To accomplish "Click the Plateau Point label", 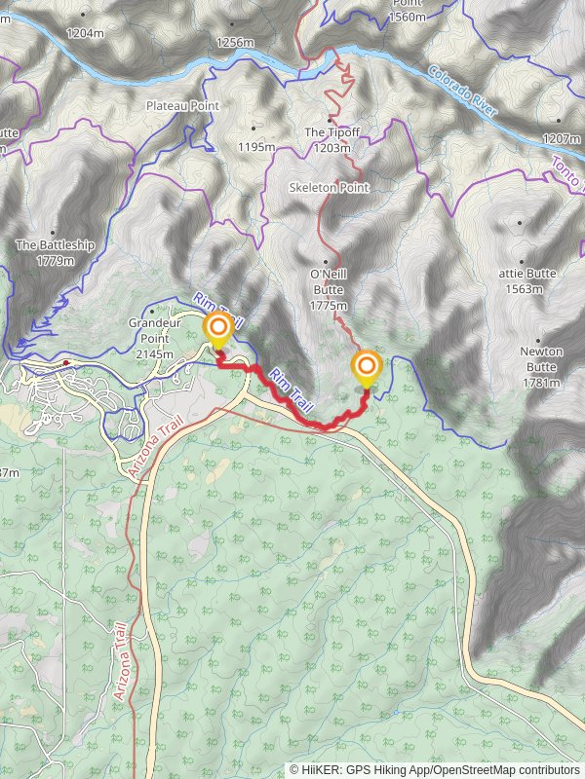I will [x=182, y=105].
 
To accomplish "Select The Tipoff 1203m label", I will [x=328, y=140].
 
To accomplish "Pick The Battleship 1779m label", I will [x=55, y=253].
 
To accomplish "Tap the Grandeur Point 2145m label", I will [x=155, y=338].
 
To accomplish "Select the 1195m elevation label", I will [x=256, y=147].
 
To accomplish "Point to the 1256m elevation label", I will [x=234, y=42].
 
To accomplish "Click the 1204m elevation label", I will [x=85, y=32].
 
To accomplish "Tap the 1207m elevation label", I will [x=561, y=138].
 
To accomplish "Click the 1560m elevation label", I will [x=407, y=17].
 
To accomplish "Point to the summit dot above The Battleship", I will [x=56, y=224].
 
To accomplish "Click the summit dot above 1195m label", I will [x=255, y=127].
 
